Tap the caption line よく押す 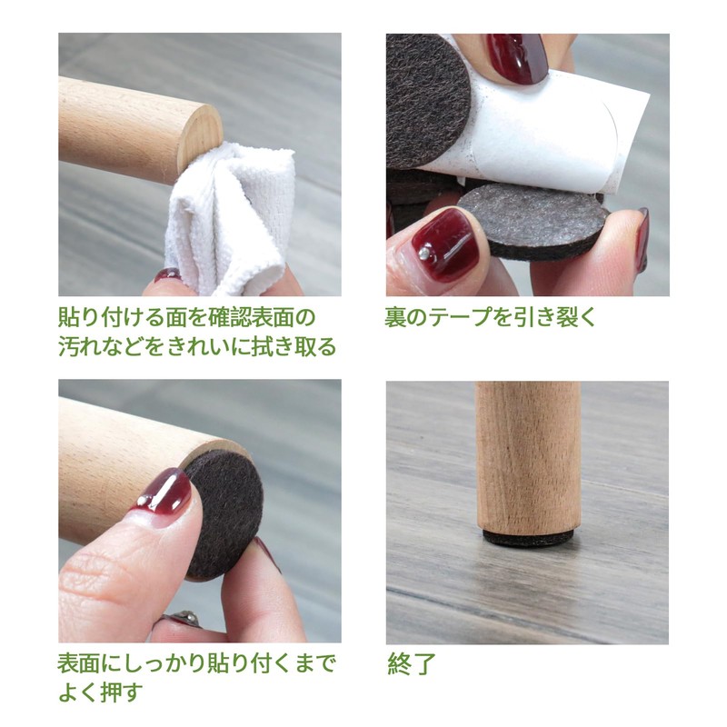(x=101, y=692)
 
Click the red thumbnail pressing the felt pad (x=164, y=496)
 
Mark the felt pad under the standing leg (x=528, y=537)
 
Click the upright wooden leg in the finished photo (x=528, y=454)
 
